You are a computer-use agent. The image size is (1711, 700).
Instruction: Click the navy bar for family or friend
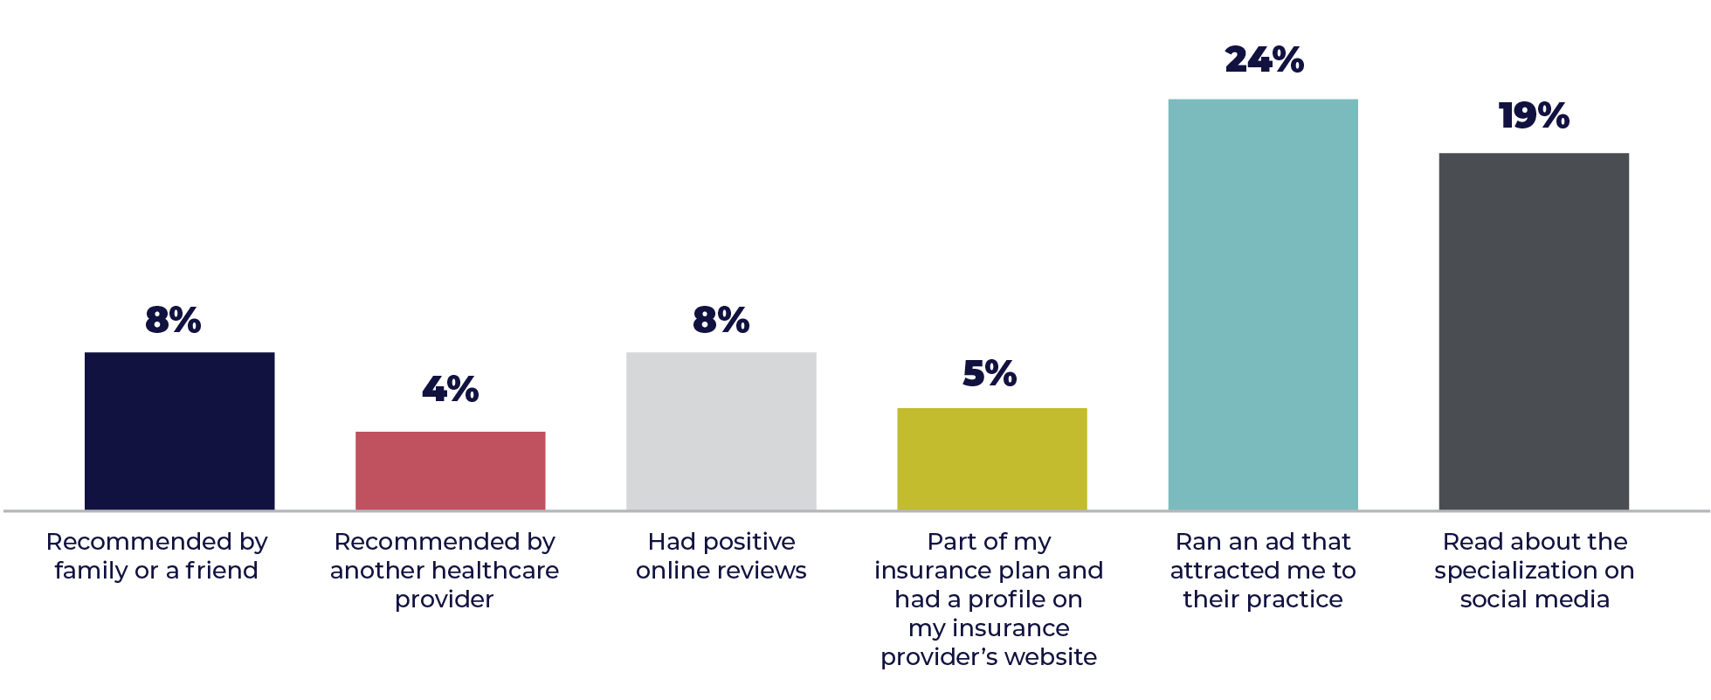click(180, 430)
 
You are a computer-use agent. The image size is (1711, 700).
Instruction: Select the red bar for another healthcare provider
click(451, 470)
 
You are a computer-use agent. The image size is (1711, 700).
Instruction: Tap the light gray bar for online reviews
click(721, 430)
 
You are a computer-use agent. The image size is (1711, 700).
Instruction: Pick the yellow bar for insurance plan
click(992, 458)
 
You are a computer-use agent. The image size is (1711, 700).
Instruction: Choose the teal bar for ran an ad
click(1263, 303)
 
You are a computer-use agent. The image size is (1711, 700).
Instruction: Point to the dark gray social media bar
click(1534, 330)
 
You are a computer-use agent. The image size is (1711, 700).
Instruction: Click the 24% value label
click(1264, 60)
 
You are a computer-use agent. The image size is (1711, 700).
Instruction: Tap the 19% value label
click(1534, 116)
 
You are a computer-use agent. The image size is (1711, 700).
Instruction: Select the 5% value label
click(990, 374)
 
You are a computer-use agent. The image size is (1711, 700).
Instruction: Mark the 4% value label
click(450, 390)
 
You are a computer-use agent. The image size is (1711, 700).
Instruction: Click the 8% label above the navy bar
click(173, 321)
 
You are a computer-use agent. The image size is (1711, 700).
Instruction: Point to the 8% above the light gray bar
click(721, 321)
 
